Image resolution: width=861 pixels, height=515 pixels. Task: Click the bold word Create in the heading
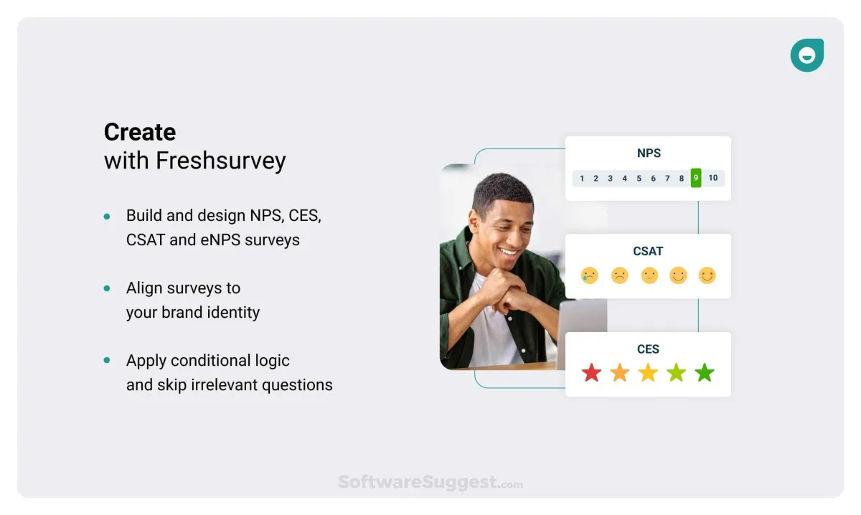[x=140, y=132]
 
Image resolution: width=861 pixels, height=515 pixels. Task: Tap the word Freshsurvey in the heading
[x=221, y=161]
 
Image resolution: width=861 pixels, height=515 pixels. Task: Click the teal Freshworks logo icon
[x=806, y=55]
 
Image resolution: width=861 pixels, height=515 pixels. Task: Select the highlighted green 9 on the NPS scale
[x=696, y=178]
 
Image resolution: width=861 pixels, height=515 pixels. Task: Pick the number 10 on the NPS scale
[x=713, y=178]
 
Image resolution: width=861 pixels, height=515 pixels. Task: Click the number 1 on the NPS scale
[x=582, y=179]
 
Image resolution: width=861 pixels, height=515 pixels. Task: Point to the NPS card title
[x=649, y=153]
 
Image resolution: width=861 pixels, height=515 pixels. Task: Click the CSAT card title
[x=648, y=251]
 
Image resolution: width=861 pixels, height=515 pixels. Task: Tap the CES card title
[x=648, y=349]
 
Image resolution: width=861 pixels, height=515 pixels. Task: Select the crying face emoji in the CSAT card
[x=590, y=275]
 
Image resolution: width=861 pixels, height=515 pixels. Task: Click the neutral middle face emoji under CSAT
[x=649, y=275]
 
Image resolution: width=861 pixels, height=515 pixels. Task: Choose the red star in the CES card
[x=591, y=372]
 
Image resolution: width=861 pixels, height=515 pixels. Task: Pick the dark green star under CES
[x=705, y=372]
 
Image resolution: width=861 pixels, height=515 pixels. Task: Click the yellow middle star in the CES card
[x=648, y=372]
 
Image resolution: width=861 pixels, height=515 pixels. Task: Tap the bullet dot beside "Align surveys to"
[x=107, y=288]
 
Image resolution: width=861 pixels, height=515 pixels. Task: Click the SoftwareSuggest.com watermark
[x=430, y=482]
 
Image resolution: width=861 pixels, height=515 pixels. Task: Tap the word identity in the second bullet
[x=233, y=313]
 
